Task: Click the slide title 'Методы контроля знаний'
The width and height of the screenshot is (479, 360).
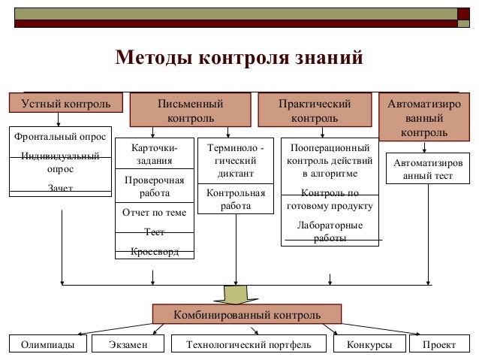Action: coord(239,58)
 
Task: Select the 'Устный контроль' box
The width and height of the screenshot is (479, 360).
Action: coord(60,102)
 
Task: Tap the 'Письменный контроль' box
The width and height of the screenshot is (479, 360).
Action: coord(190,110)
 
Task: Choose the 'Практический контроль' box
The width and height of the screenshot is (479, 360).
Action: coord(314,110)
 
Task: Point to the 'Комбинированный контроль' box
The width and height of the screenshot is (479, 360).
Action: coord(247,313)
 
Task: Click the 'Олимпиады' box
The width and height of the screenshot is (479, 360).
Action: coord(47,344)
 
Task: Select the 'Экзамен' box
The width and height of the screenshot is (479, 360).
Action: coord(127,344)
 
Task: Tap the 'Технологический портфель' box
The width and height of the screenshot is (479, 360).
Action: coord(248,344)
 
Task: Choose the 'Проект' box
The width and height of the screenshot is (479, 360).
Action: coord(439,344)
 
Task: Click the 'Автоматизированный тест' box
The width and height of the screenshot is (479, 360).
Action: coord(429,169)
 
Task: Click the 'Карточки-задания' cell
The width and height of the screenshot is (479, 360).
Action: coord(154,154)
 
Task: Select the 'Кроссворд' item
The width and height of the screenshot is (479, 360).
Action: coord(154,251)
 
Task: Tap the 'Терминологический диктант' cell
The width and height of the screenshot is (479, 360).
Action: coord(234,161)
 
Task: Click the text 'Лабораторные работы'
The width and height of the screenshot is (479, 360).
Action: coord(330,231)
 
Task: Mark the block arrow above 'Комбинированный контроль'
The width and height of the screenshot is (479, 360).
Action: coord(236,292)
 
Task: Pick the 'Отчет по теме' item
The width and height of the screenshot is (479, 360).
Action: coord(154,213)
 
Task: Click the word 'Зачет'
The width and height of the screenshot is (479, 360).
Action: coord(60,188)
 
